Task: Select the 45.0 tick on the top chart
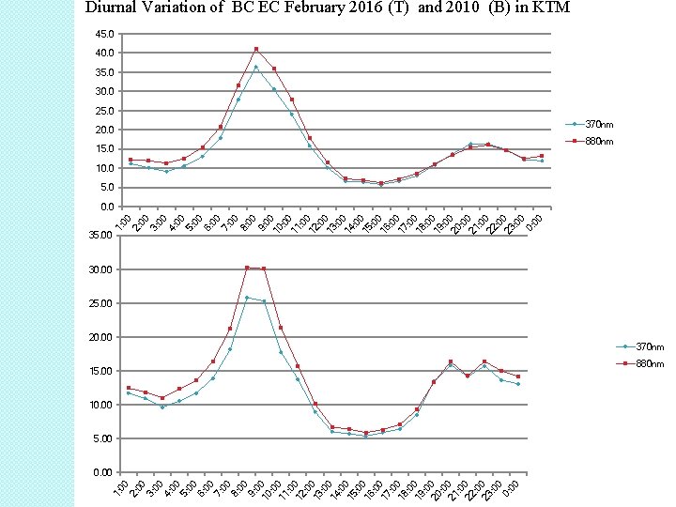click(105, 34)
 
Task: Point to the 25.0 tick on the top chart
click(105, 111)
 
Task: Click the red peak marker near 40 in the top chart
click(256, 49)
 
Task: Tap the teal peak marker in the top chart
click(256, 67)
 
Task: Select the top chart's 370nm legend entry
click(590, 125)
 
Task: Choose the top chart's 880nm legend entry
click(590, 142)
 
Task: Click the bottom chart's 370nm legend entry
click(640, 346)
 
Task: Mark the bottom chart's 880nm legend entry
click(640, 364)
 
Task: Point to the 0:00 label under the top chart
click(533, 223)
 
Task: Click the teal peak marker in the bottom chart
click(247, 298)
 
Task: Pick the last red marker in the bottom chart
click(517, 376)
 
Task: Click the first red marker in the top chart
click(131, 160)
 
